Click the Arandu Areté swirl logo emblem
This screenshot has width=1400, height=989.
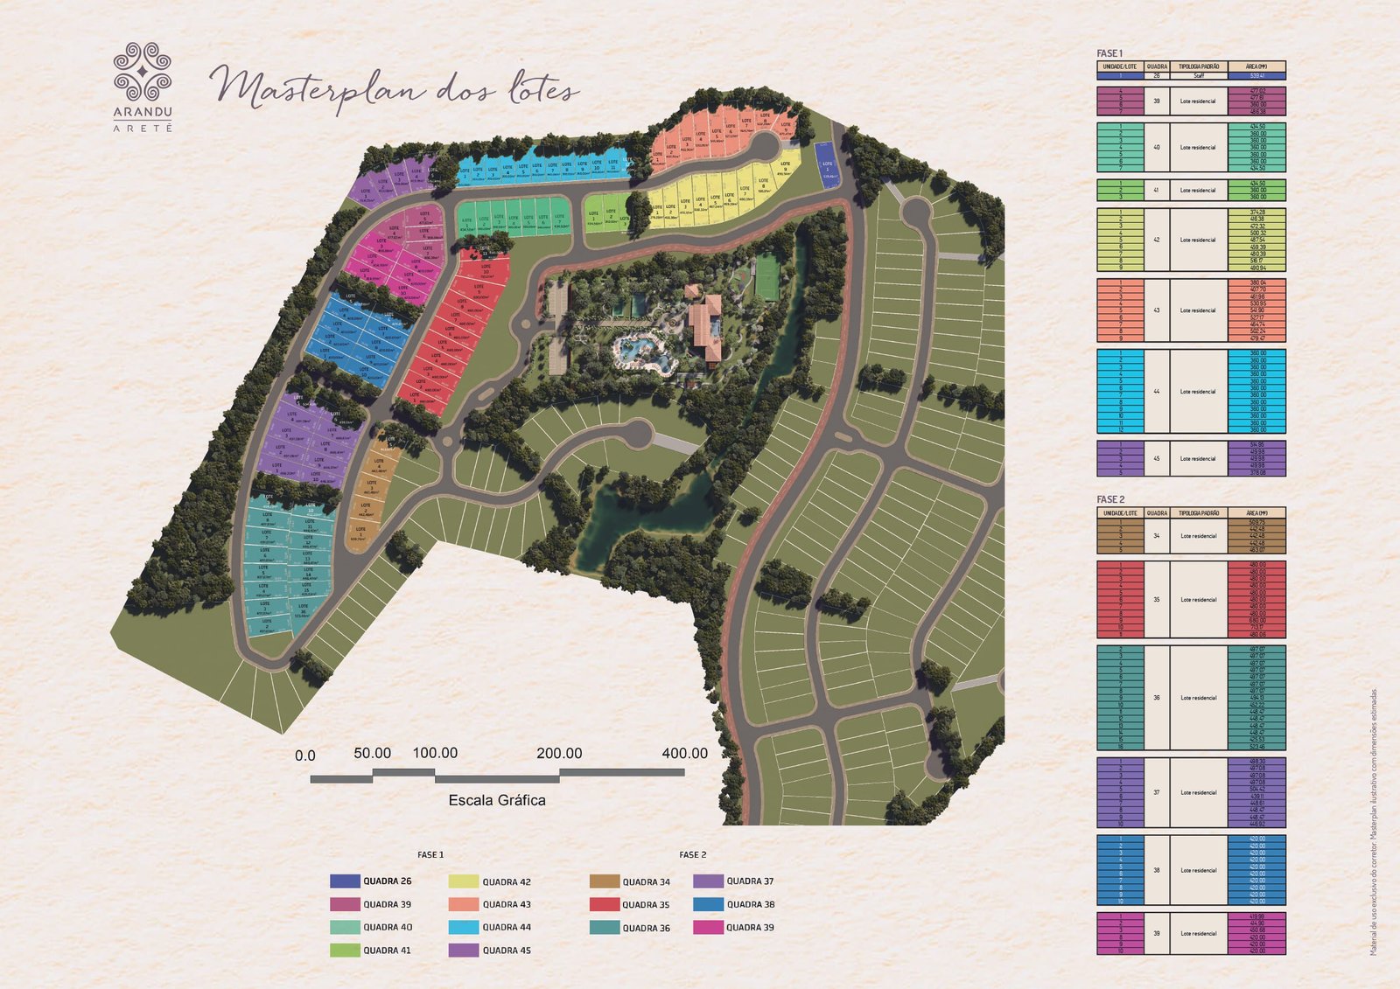point(143,72)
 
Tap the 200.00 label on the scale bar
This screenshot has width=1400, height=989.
point(559,754)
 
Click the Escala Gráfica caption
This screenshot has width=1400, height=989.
point(496,800)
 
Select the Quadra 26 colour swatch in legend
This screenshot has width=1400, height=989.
point(345,881)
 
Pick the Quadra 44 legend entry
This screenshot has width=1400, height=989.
point(506,928)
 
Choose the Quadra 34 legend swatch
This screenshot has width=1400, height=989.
point(604,881)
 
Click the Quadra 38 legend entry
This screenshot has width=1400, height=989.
point(749,905)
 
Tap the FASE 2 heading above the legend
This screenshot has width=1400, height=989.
point(692,855)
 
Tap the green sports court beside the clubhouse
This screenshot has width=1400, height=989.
point(767,276)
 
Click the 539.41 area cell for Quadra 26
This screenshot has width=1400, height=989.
point(1256,76)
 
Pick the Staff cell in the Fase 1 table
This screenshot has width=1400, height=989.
point(1198,76)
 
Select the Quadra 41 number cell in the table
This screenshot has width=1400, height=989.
point(1156,190)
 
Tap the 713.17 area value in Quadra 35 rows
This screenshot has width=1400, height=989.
point(1256,627)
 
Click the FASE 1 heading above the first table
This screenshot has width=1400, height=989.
point(1109,54)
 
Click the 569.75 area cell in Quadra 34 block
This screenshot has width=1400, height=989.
point(1256,522)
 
